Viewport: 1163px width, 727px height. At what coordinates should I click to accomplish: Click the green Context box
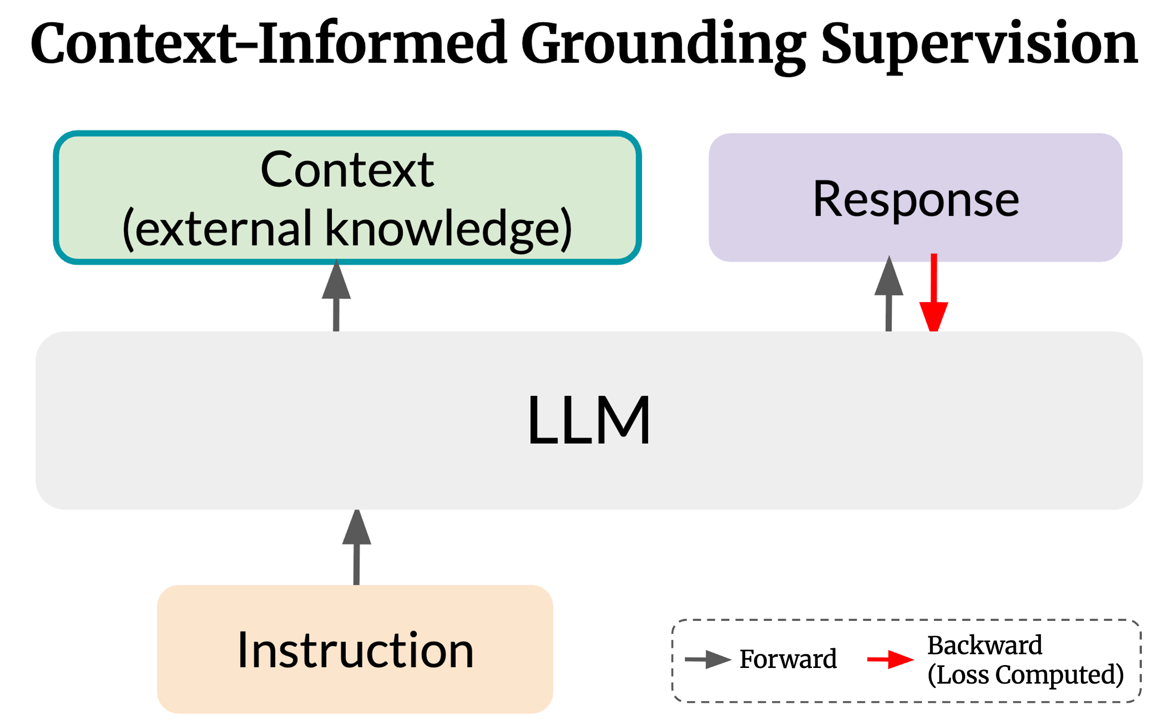347,198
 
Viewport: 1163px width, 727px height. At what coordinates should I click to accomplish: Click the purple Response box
915,198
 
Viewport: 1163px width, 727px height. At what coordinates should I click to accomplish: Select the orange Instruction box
355,650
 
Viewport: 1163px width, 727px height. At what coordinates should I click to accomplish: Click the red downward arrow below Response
933,293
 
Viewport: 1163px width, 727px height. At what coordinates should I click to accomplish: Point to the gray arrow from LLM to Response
889,293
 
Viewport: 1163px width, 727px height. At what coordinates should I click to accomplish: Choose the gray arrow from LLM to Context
336,295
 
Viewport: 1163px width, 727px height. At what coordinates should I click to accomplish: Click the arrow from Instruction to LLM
356,547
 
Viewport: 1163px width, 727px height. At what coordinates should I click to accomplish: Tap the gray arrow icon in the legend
708,659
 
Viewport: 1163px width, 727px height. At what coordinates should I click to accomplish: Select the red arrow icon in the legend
890,659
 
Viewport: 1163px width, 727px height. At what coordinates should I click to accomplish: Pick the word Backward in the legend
985,645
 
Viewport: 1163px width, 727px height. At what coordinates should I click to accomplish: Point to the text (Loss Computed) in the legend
1026,675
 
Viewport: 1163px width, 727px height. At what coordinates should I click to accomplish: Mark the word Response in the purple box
916,200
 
